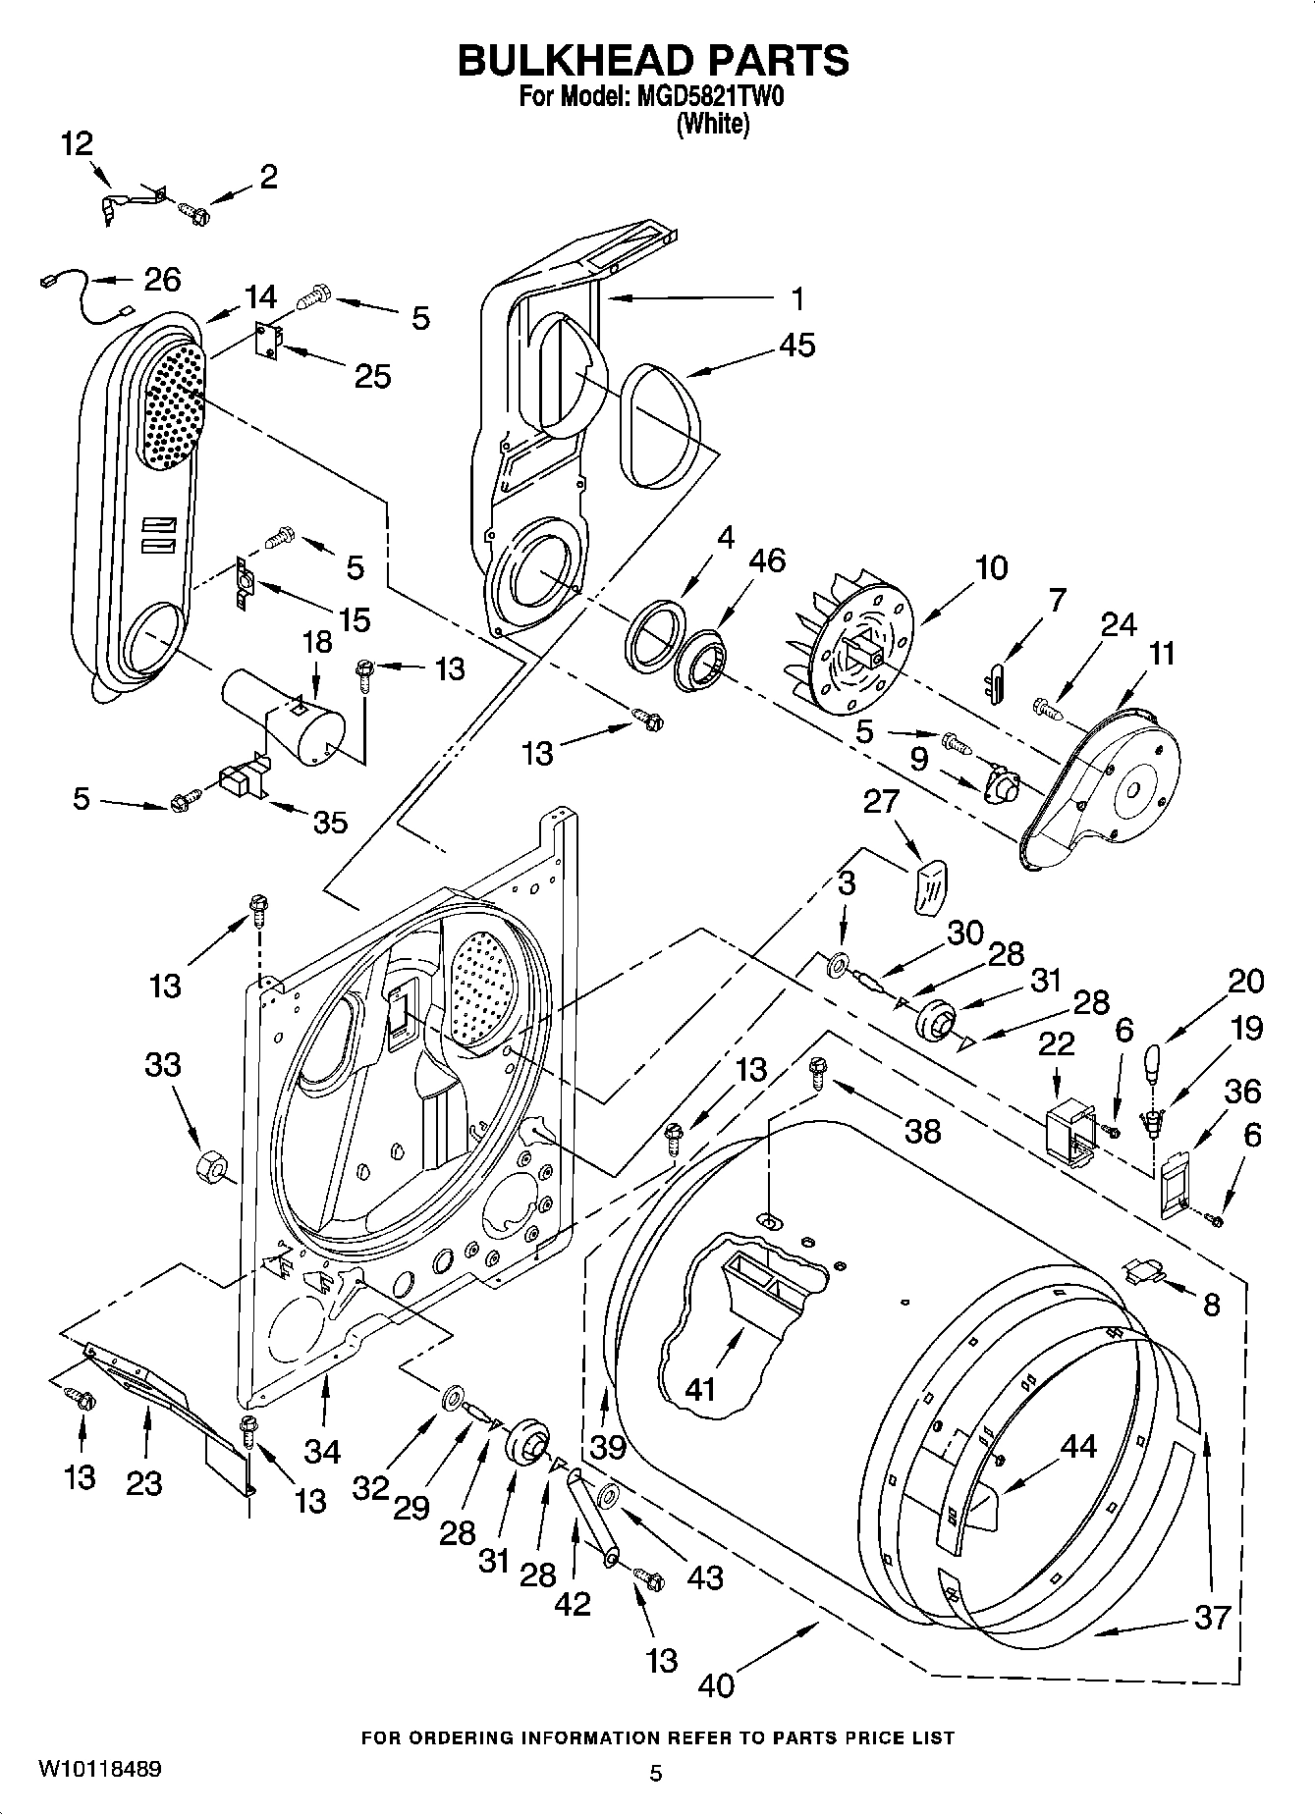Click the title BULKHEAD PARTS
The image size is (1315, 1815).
(653, 61)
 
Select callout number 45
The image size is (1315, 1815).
(797, 346)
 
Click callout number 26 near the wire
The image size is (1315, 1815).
(162, 280)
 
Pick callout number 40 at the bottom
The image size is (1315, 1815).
(717, 1684)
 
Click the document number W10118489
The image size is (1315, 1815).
(99, 1770)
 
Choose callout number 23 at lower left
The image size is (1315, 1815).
(144, 1482)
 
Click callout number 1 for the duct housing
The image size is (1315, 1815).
(798, 297)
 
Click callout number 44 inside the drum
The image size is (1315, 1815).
(1077, 1446)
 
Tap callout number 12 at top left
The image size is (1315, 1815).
(76, 144)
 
